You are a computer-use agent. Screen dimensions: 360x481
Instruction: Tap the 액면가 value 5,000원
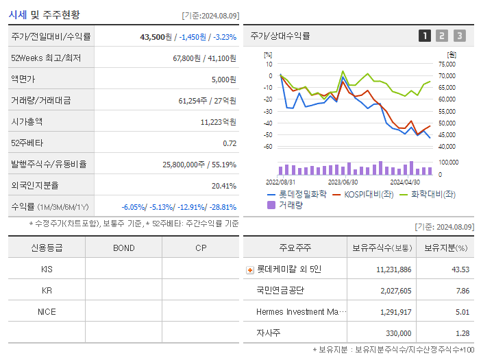pos(223,80)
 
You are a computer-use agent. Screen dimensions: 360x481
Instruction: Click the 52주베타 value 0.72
pos(230,143)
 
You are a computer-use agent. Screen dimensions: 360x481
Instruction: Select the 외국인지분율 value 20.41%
pos(223,186)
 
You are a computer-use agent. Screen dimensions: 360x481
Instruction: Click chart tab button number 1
pos(425,36)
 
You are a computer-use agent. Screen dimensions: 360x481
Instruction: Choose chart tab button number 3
pos(459,36)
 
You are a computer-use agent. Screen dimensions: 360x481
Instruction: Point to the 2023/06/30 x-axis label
pos(343,182)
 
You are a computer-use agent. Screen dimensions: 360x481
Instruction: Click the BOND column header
pos(123,248)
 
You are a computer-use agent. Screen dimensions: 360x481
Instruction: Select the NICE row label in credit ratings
pos(47,311)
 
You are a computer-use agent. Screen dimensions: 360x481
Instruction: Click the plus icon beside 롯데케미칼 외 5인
pos(250,269)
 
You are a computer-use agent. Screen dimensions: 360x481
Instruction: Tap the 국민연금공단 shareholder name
pos(280,291)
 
